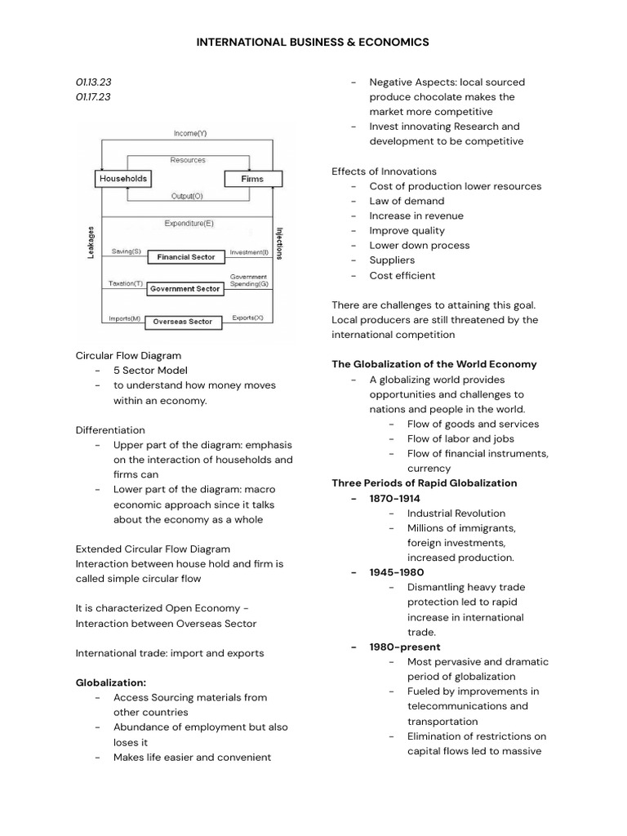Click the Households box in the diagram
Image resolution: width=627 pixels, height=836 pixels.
point(123,178)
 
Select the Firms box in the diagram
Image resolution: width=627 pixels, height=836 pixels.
point(252,178)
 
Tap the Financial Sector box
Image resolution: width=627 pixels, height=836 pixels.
point(185,257)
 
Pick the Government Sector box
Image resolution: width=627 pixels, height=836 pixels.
point(185,289)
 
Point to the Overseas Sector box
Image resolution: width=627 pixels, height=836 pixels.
point(183,322)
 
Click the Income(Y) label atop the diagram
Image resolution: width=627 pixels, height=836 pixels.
point(190,133)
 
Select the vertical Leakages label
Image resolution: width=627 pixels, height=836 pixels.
point(91,242)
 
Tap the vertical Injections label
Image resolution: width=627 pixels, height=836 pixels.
point(279,243)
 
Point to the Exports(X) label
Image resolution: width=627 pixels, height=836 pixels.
point(247,317)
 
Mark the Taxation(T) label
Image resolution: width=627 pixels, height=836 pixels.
point(126,284)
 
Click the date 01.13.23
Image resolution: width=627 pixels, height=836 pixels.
point(93,82)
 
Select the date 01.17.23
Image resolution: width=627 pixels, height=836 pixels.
point(93,97)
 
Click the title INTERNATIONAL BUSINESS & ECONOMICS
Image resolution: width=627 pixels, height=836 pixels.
point(313,42)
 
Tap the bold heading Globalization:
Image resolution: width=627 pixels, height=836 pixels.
point(111,683)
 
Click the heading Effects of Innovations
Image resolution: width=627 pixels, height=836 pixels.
point(384,171)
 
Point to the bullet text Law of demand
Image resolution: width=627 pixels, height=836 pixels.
point(407,201)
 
